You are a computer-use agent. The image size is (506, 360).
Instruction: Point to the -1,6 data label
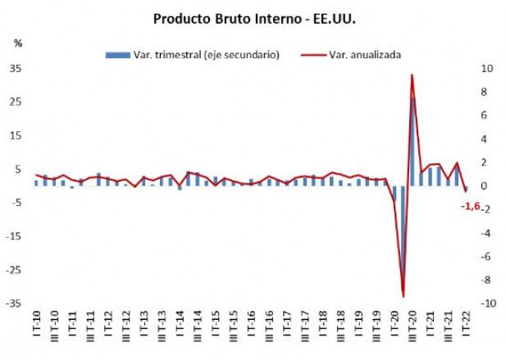pos(470,206)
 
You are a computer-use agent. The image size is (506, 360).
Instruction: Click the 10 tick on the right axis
pos(485,69)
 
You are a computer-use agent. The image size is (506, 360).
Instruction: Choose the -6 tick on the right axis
pos(485,257)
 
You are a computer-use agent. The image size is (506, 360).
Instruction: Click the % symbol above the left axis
pos(17,43)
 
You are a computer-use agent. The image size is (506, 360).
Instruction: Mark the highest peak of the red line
pos(412,75)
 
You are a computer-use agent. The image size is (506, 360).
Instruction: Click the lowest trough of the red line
pos(403,296)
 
